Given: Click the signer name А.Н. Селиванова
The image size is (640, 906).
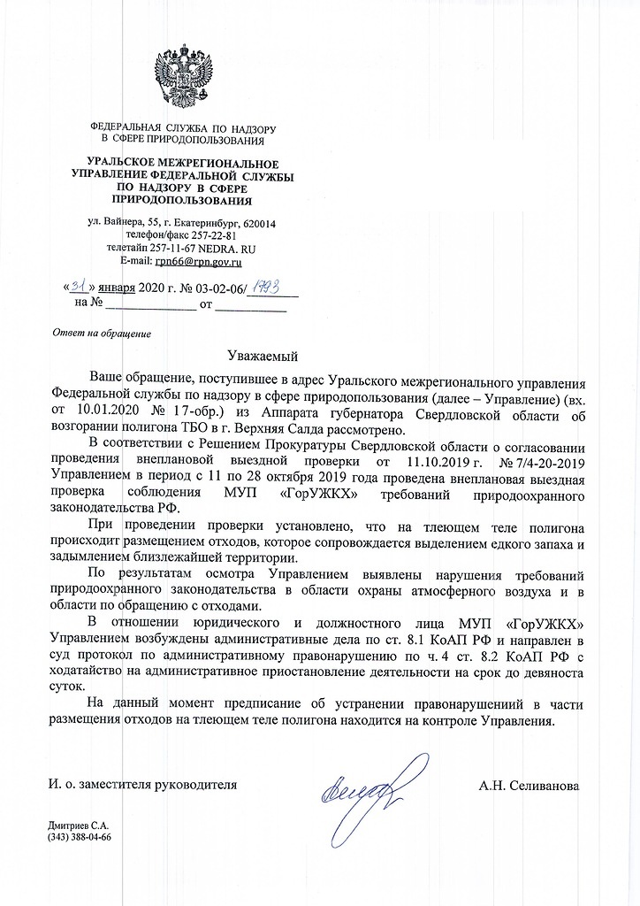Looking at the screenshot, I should [x=529, y=785].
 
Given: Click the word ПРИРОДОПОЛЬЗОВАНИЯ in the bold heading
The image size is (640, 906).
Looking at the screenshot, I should [x=181, y=203].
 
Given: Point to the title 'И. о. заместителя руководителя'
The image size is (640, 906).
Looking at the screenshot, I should [x=142, y=785].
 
